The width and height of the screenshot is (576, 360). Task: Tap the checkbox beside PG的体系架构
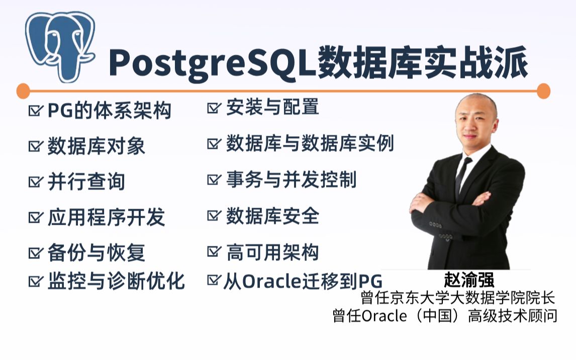(35, 111)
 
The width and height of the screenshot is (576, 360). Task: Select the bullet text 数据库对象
(96, 146)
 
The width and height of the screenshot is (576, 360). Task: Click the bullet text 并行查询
(86, 182)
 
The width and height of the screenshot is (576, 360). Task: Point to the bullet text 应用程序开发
(106, 217)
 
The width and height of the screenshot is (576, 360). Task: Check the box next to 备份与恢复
(35, 252)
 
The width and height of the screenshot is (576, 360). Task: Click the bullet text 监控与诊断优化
(116, 281)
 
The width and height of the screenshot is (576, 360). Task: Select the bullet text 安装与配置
(272, 107)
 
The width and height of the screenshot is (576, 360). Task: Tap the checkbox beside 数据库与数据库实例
(214, 144)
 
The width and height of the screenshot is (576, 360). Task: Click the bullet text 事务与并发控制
(291, 179)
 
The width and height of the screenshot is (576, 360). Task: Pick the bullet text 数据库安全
(272, 216)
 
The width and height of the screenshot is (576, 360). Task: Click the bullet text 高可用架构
(272, 253)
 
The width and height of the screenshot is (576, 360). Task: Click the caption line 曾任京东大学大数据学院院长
(457, 298)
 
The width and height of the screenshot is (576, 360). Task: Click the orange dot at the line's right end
(543, 91)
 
